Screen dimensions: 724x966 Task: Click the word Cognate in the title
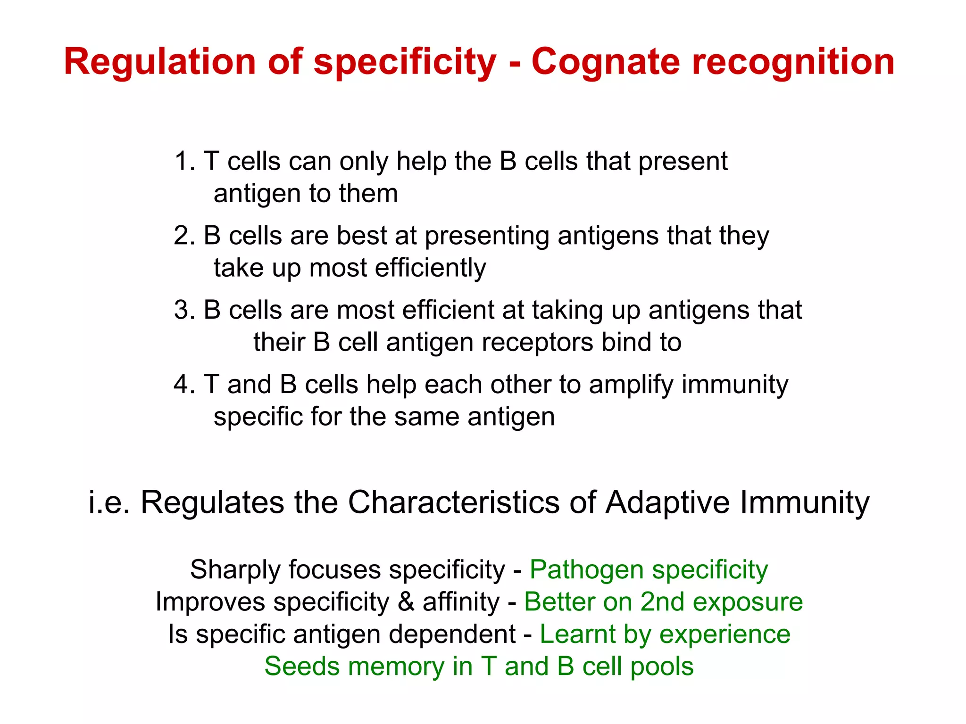pyautogui.click(x=605, y=62)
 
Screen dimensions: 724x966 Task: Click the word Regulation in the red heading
pyautogui.click(x=160, y=62)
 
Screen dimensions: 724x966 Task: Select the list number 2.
pyautogui.click(x=183, y=236)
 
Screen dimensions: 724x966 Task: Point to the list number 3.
pyautogui.click(x=183, y=310)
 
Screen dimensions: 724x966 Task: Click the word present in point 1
pyautogui.click(x=683, y=162)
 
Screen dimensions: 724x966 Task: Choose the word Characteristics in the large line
pyautogui.click(x=453, y=502)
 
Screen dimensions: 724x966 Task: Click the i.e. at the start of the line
pyautogui.click(x=108, y=502)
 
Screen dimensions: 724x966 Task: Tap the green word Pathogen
pyautogui.click(x=585, y=570)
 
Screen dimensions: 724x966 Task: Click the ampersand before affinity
pyautogui.click(x=406, y=602)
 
